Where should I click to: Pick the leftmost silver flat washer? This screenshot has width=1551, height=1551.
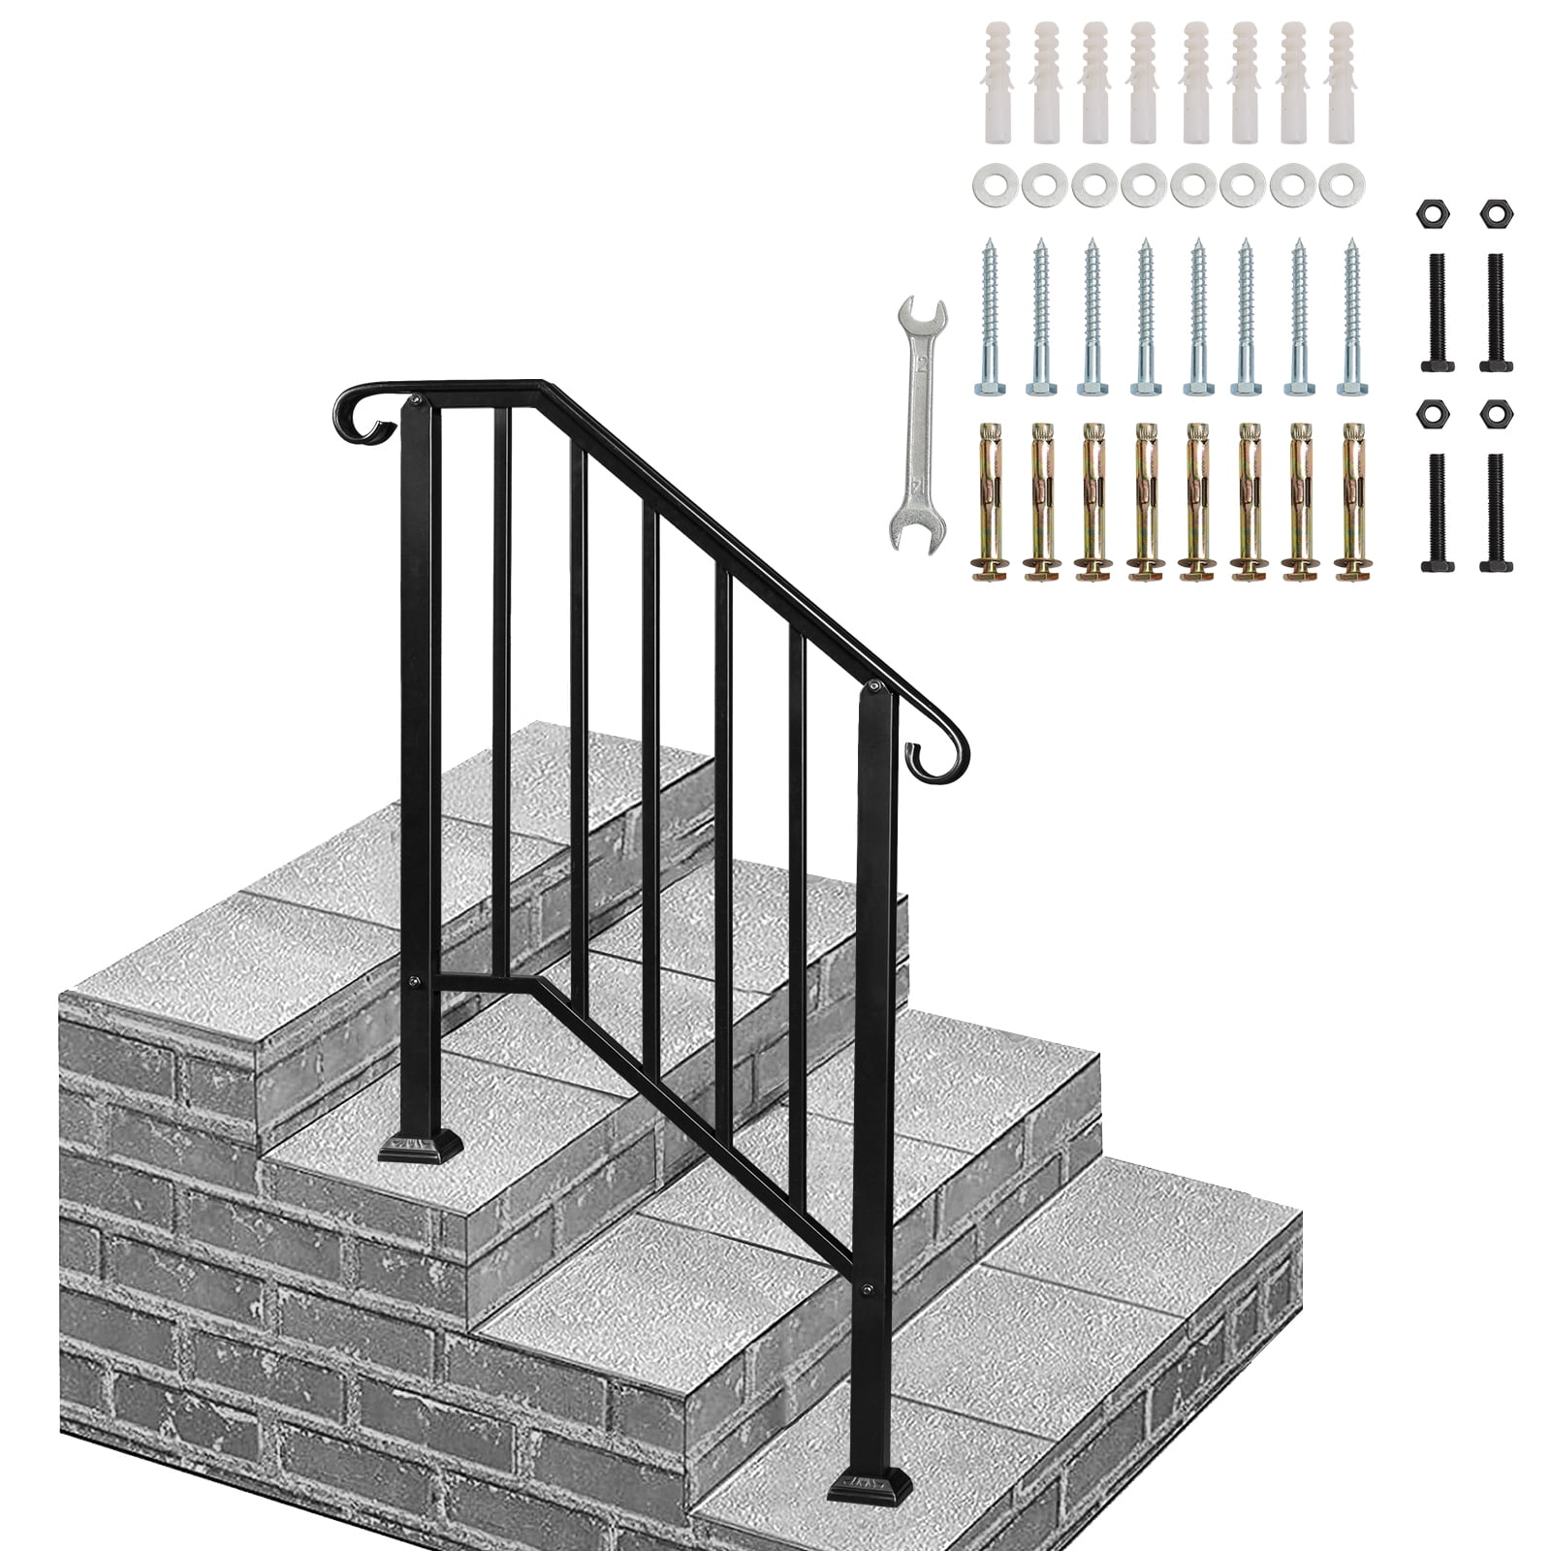point(989,182)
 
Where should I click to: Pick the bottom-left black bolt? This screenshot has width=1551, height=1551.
point(1437,514)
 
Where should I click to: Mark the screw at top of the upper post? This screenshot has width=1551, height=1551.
point(417,396)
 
